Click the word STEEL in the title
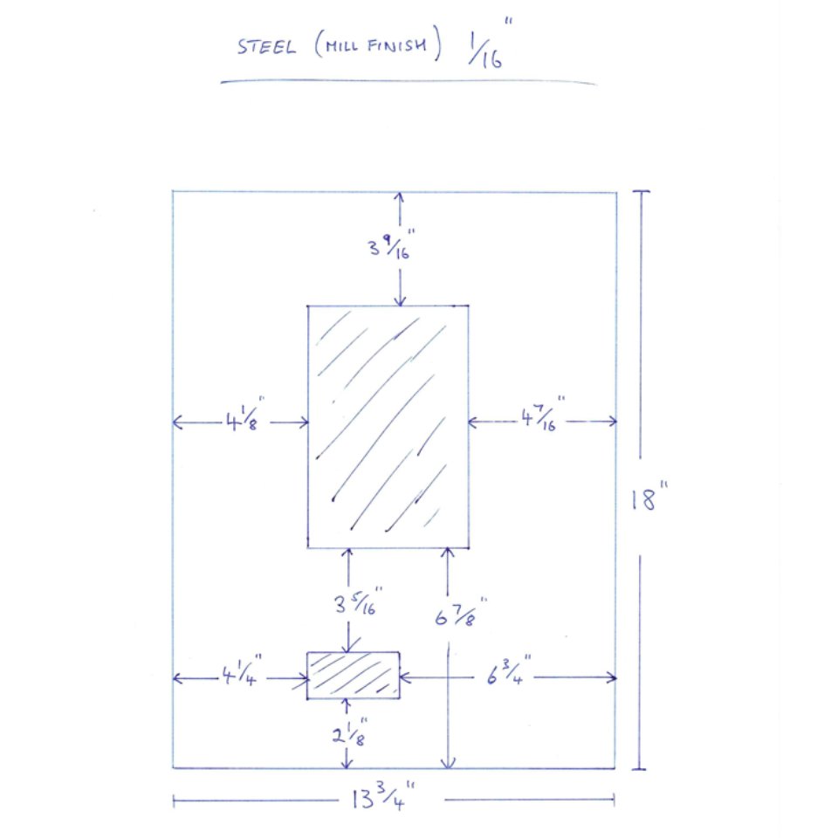click(266, 47)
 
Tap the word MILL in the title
click(342, 46)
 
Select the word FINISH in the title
click(397, 45)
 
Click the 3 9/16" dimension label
click(391, 245)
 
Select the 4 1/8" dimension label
click(244, 414)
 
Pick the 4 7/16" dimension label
click(542, 414)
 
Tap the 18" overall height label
click(649, 496)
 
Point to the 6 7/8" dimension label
click(460, 613)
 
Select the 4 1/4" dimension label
click(242, 670)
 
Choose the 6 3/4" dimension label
click(508, 670)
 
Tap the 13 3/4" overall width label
click(382, 796)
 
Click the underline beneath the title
click(409, 81)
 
